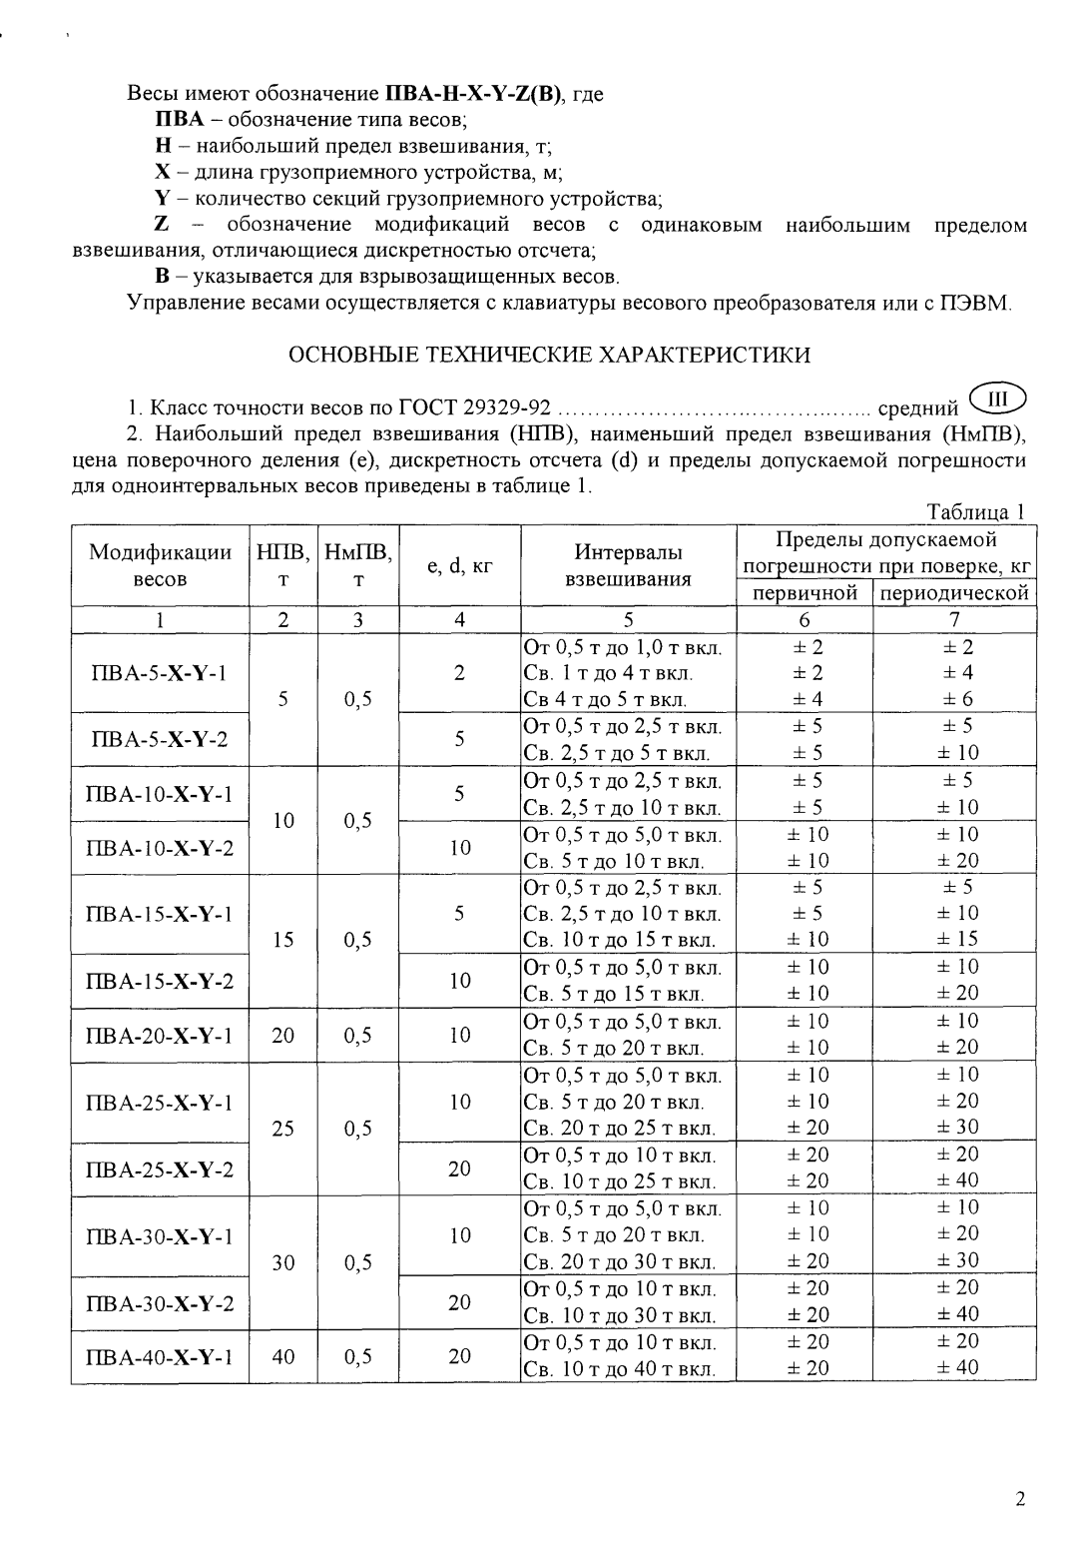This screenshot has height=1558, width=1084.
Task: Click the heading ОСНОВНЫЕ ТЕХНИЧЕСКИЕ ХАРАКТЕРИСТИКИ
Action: [x=549, y=355]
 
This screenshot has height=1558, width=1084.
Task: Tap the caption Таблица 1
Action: [x=976, y=512]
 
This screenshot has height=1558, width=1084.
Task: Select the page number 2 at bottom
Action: [x=1019, y=1498]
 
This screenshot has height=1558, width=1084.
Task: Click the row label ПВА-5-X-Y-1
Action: [x=160, y=673]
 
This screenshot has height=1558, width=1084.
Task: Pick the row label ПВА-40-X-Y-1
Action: [x=160, y=1356]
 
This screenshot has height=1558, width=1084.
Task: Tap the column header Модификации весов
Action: [x=160, y=565]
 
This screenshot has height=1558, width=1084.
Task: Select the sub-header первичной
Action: [x=805, y=593]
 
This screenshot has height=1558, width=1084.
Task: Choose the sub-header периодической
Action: [x=954, y=593]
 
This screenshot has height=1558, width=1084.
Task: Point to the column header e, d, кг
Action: [x=459, y=566]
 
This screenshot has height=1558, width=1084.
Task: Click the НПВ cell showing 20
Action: [x=283, y=1036]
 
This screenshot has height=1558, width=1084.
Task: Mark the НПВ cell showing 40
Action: [x=283, y=1356]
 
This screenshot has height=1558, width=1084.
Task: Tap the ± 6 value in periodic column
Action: [x=954, y=700]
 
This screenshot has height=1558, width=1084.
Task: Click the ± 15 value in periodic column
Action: [x=954, y=940]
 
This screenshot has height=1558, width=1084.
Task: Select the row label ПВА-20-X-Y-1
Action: [x=160, y=1036]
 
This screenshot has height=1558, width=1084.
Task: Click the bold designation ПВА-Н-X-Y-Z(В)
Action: [x=474, y=95]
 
